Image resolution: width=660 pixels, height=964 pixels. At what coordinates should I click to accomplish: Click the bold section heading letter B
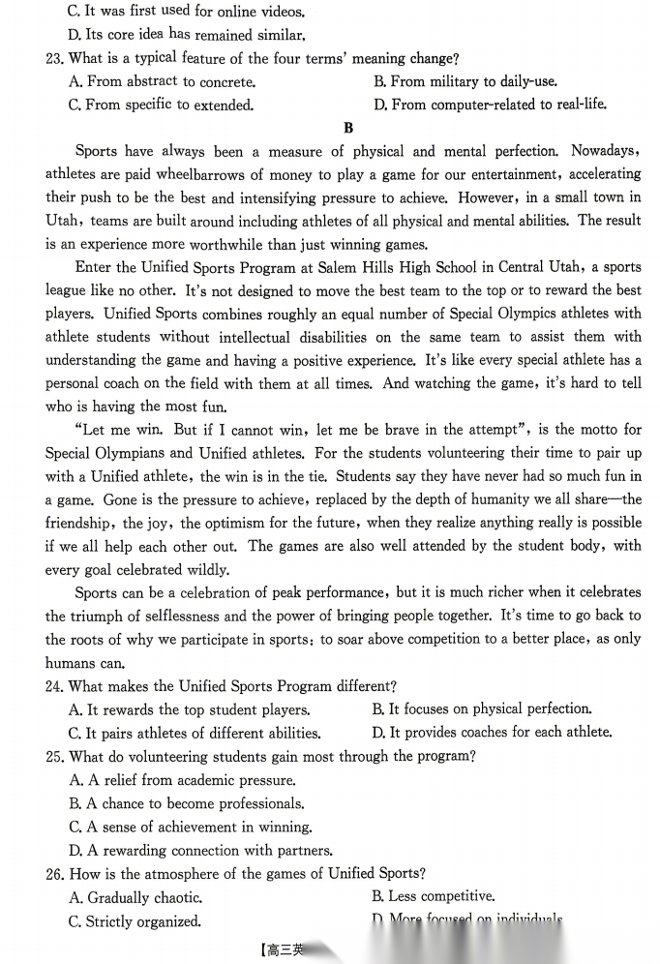pyautogui.click(x=348, y=128)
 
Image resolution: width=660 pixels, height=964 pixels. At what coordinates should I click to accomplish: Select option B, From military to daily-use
pyautogui.click(x=465, y=82)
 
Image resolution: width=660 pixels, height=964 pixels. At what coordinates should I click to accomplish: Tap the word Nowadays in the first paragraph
pyautogui.click(x=605, y=151)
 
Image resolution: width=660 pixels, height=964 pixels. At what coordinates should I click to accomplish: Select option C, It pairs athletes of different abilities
pyautogui.click(x=195, y=733)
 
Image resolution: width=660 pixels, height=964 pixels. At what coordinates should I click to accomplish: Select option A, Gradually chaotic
pyautogui.click(x=136, y=897)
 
